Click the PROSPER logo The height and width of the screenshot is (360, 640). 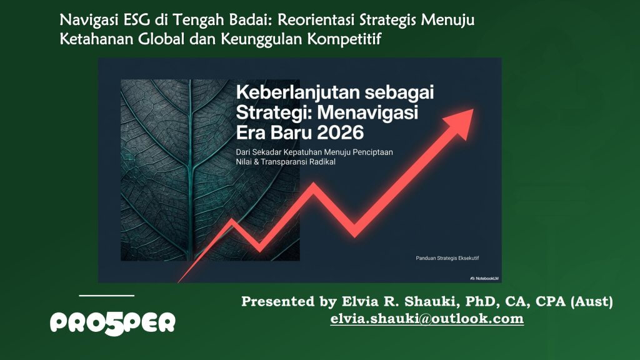click(x=112, y=323)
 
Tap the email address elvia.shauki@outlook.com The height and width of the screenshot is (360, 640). click(x=427, y=318)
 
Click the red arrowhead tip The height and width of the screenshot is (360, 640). click(x=473, y=109)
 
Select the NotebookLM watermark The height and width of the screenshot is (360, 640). click(x=484, y=278)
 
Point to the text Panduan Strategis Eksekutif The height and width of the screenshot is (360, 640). click(x=447, y=258)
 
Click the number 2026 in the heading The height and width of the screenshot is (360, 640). click(x=340, y=132)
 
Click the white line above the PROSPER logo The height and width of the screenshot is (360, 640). click(x=106, y=295)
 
